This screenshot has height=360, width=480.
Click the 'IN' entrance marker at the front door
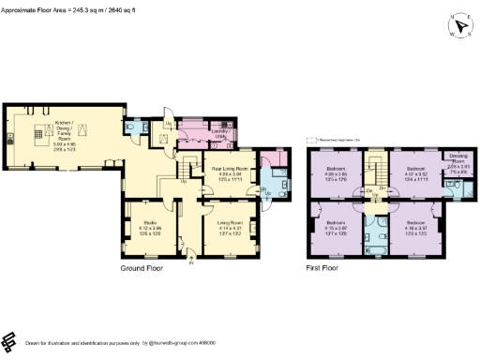point(191,263)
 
